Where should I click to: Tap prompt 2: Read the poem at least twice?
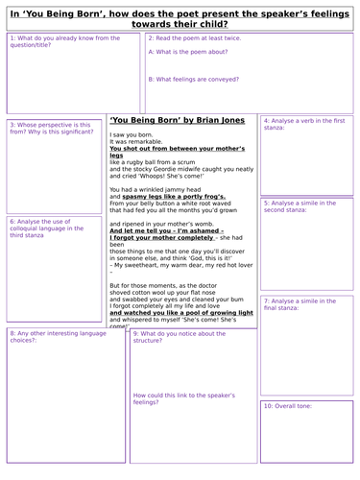coord(201,38)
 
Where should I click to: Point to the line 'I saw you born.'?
coord(132,135)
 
